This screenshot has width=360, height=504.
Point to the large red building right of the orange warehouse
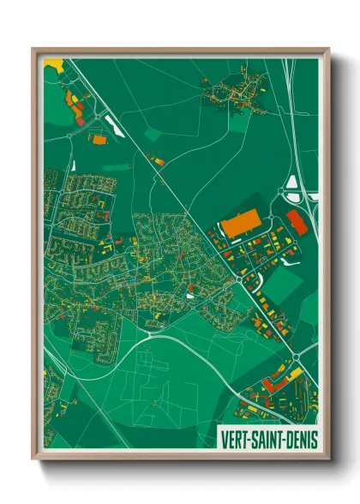296,220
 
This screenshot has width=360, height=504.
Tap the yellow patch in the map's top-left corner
54,63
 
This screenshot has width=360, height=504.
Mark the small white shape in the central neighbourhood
190,296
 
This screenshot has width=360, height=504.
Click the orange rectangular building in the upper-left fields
99,137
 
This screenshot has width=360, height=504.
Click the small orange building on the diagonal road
155,159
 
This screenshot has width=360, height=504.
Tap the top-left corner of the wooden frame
34,50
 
